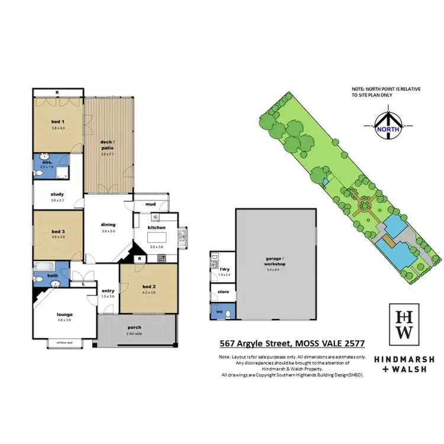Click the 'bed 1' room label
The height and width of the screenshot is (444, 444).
(x=57, y=122)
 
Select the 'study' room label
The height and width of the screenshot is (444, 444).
(x=57, y=194)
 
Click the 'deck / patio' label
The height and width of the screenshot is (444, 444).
(x=108, y=143)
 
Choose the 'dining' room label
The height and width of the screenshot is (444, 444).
(x=108, y=224)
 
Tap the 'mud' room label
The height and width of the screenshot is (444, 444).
(x=151, y=204)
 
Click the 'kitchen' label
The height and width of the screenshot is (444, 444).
(x=157, y=227)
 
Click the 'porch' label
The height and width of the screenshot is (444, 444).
(x=134, y=327)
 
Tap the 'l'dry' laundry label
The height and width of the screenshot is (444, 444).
(x=223, y=270)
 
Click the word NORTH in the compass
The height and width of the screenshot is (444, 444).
(x=387, y=126)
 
